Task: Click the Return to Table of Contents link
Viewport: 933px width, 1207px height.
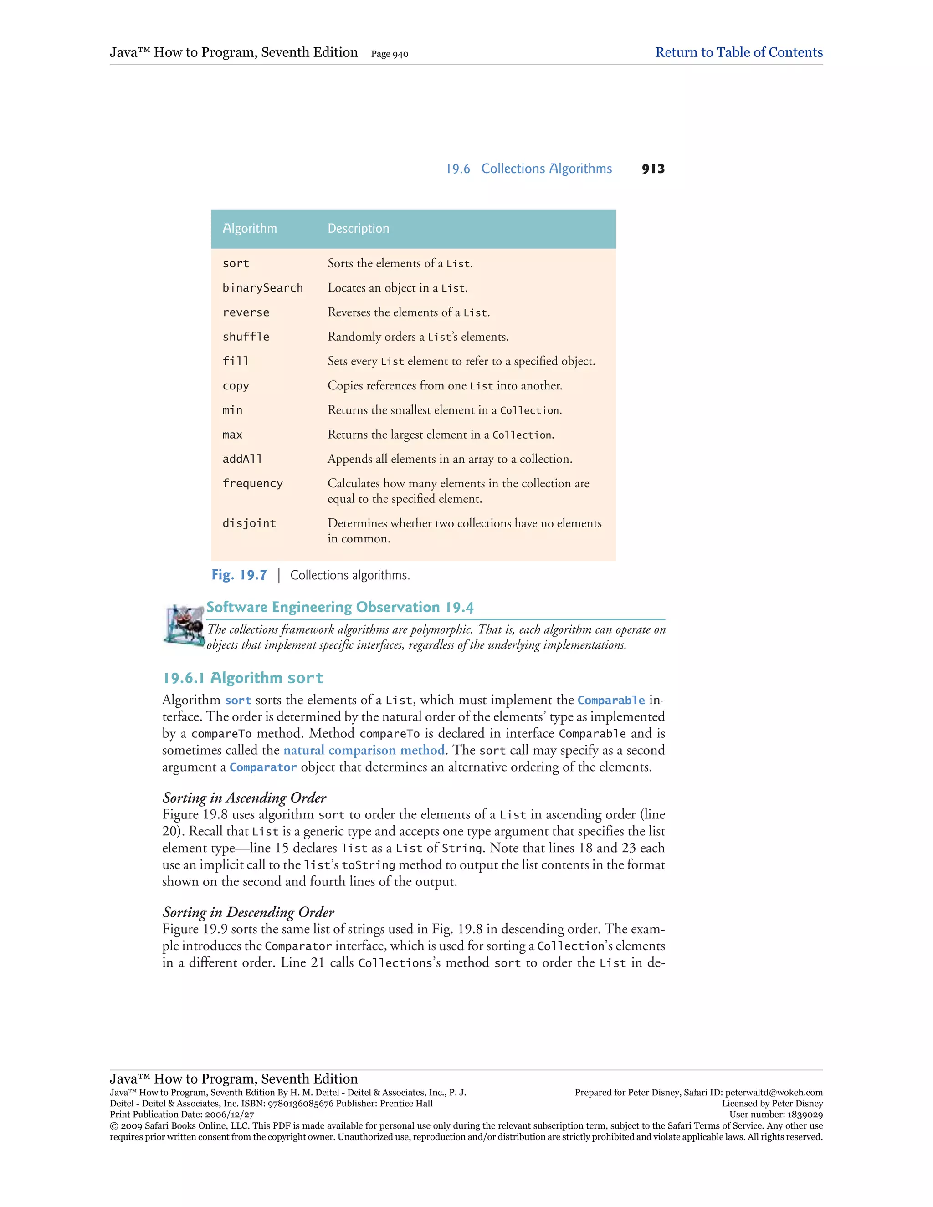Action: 738,52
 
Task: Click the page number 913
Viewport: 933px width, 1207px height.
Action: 653,169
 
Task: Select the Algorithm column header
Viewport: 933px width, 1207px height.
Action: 249,228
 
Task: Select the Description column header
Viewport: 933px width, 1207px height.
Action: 358,228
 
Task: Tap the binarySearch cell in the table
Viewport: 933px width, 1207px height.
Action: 262,288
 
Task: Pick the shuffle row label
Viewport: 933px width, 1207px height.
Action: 246,337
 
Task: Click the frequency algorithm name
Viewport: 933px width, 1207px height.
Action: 252,484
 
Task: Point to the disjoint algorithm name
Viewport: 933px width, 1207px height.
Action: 249,523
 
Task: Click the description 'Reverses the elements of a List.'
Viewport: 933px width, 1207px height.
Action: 409,312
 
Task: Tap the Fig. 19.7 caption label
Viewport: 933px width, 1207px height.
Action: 239,575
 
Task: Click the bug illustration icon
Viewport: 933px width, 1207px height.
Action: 184,624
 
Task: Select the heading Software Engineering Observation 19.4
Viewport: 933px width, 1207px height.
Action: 340,607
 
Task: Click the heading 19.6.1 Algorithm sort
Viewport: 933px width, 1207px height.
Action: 243,678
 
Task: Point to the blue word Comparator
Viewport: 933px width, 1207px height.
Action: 263,767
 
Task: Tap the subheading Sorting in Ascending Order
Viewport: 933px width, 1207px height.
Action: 244,798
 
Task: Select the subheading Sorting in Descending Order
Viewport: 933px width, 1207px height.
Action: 248,912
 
